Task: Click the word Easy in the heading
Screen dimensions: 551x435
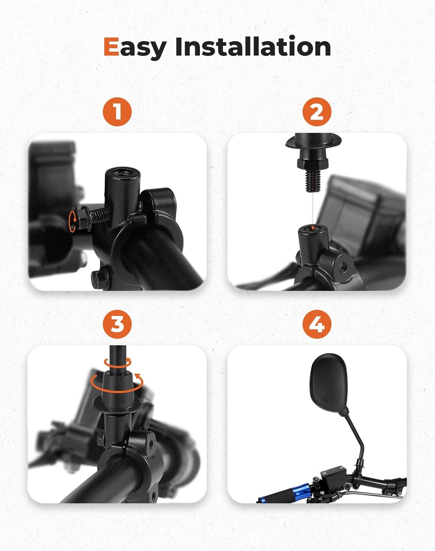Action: [x=134, y=47]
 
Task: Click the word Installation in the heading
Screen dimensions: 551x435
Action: [x=253, y=47]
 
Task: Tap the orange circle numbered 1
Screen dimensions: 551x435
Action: [x=117, y=111]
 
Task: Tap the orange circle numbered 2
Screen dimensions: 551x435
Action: [x=317, y=111]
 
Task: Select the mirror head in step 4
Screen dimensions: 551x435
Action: [x=329, y=383]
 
